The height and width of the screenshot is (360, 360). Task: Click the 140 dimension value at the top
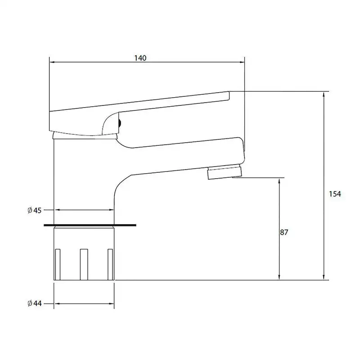coord(140,58)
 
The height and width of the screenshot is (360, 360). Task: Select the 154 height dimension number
coord(335,194)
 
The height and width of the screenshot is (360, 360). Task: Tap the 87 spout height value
coord(284,232)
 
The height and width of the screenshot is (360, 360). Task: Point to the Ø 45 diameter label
coord(35,210)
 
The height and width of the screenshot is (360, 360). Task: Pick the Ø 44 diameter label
coord(35,303)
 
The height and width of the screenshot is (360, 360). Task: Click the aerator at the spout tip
coord(225,171)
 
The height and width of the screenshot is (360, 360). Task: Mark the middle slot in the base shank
coord(84,265)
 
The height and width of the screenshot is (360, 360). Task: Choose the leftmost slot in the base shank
coord(58,265)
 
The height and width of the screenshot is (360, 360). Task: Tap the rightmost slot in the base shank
coord(110,265)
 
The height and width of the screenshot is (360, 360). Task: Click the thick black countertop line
coord(90,225)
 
